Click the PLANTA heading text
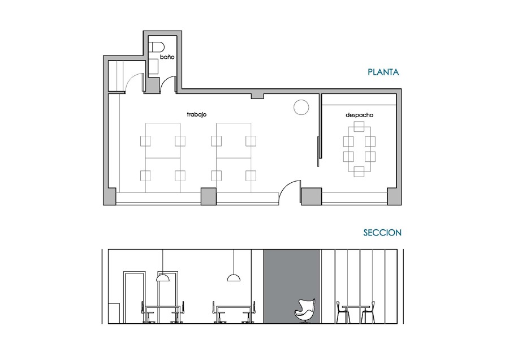click(x=383, y=72)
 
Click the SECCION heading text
click(x=382, y=232)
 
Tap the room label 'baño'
click(x=167, y=57)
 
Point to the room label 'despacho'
click(x=359, y=115)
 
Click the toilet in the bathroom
click(x=156, y=47)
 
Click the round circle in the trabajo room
click(x=301, y=106)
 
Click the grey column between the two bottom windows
click(x=209, y=196)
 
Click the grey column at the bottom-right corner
click(x=394, y=196)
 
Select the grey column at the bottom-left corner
click(x=109, y=196)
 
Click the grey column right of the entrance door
click(x=310, y=196)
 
